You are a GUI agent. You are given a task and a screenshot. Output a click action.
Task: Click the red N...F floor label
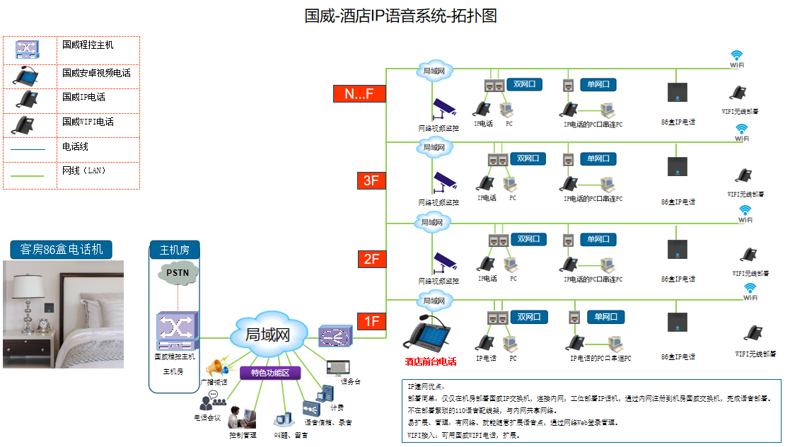(x=359, y=93)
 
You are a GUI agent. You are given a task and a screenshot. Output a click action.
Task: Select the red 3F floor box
(x=371, y=180)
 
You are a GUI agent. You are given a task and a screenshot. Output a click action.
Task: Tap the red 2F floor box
(x=371, y=259)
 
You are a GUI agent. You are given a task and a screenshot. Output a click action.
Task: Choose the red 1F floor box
(x=371, y=321)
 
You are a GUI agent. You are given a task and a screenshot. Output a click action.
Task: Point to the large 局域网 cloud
(x=268, y=335)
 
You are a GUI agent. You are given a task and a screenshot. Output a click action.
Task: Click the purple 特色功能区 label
(x=270, y=373)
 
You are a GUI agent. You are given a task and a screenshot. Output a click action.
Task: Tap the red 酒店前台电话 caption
(x=431, y=361)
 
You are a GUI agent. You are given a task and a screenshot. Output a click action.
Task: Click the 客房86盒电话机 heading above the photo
(x=62, y=249)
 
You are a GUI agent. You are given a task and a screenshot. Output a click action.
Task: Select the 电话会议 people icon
(x=208, y=401)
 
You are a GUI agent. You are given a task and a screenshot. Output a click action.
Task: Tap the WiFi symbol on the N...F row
(x=737, y=55)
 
